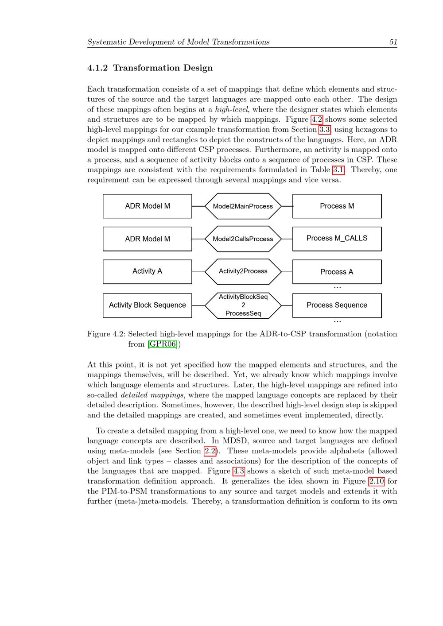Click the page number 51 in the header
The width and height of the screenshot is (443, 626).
tap(393, 42)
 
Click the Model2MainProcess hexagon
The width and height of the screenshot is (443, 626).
tap(243, 206)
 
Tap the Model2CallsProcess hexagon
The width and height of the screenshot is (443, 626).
tap(243, 239)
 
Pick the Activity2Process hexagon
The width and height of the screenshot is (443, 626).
tap(243, 271)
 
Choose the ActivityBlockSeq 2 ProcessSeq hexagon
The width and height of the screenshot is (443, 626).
tap(243, 305)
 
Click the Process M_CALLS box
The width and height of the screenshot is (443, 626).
tap(337, 239)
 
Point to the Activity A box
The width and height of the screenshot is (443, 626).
tap(147, 271)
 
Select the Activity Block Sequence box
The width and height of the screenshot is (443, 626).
tap(147, 305)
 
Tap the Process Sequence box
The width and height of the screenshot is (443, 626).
tap(337, 305)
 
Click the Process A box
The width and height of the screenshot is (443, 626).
tap(337, 271)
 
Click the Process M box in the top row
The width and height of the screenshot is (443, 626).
tap(337, 206)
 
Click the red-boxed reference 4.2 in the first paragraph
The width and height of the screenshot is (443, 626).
tap(317, 120)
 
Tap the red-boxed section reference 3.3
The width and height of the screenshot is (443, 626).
tap(324, 130)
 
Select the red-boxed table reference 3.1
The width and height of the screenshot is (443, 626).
tap(338, 170)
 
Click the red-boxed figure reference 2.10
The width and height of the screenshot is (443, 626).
tap(376, 481)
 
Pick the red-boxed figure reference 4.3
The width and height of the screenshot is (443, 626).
tap(238, 471)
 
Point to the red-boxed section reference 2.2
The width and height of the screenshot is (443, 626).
tap(210, 451)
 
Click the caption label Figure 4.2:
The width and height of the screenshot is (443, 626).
tap(106, 334)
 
